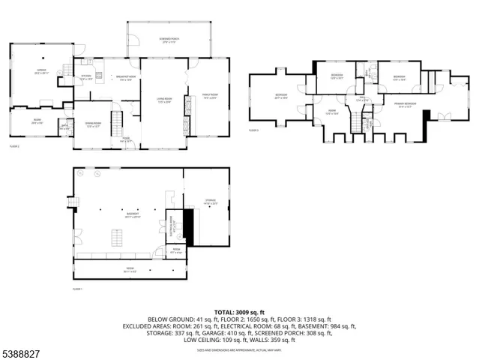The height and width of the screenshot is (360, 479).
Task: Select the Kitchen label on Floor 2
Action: [x=86, y=77]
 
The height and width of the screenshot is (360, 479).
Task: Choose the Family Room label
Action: [x=209, y=95]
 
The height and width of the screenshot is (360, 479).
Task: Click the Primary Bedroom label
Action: [x=406, y=106]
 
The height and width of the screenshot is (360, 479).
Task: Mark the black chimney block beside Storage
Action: [x=188, y=227]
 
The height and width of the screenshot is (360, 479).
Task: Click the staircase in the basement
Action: [x=115, y=238]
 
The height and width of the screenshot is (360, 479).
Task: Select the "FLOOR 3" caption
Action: [x=254, y=130]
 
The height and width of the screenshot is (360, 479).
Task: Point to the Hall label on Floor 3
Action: [x=361, y=97]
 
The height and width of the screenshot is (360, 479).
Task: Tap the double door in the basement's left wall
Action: [x=75, y=239]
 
